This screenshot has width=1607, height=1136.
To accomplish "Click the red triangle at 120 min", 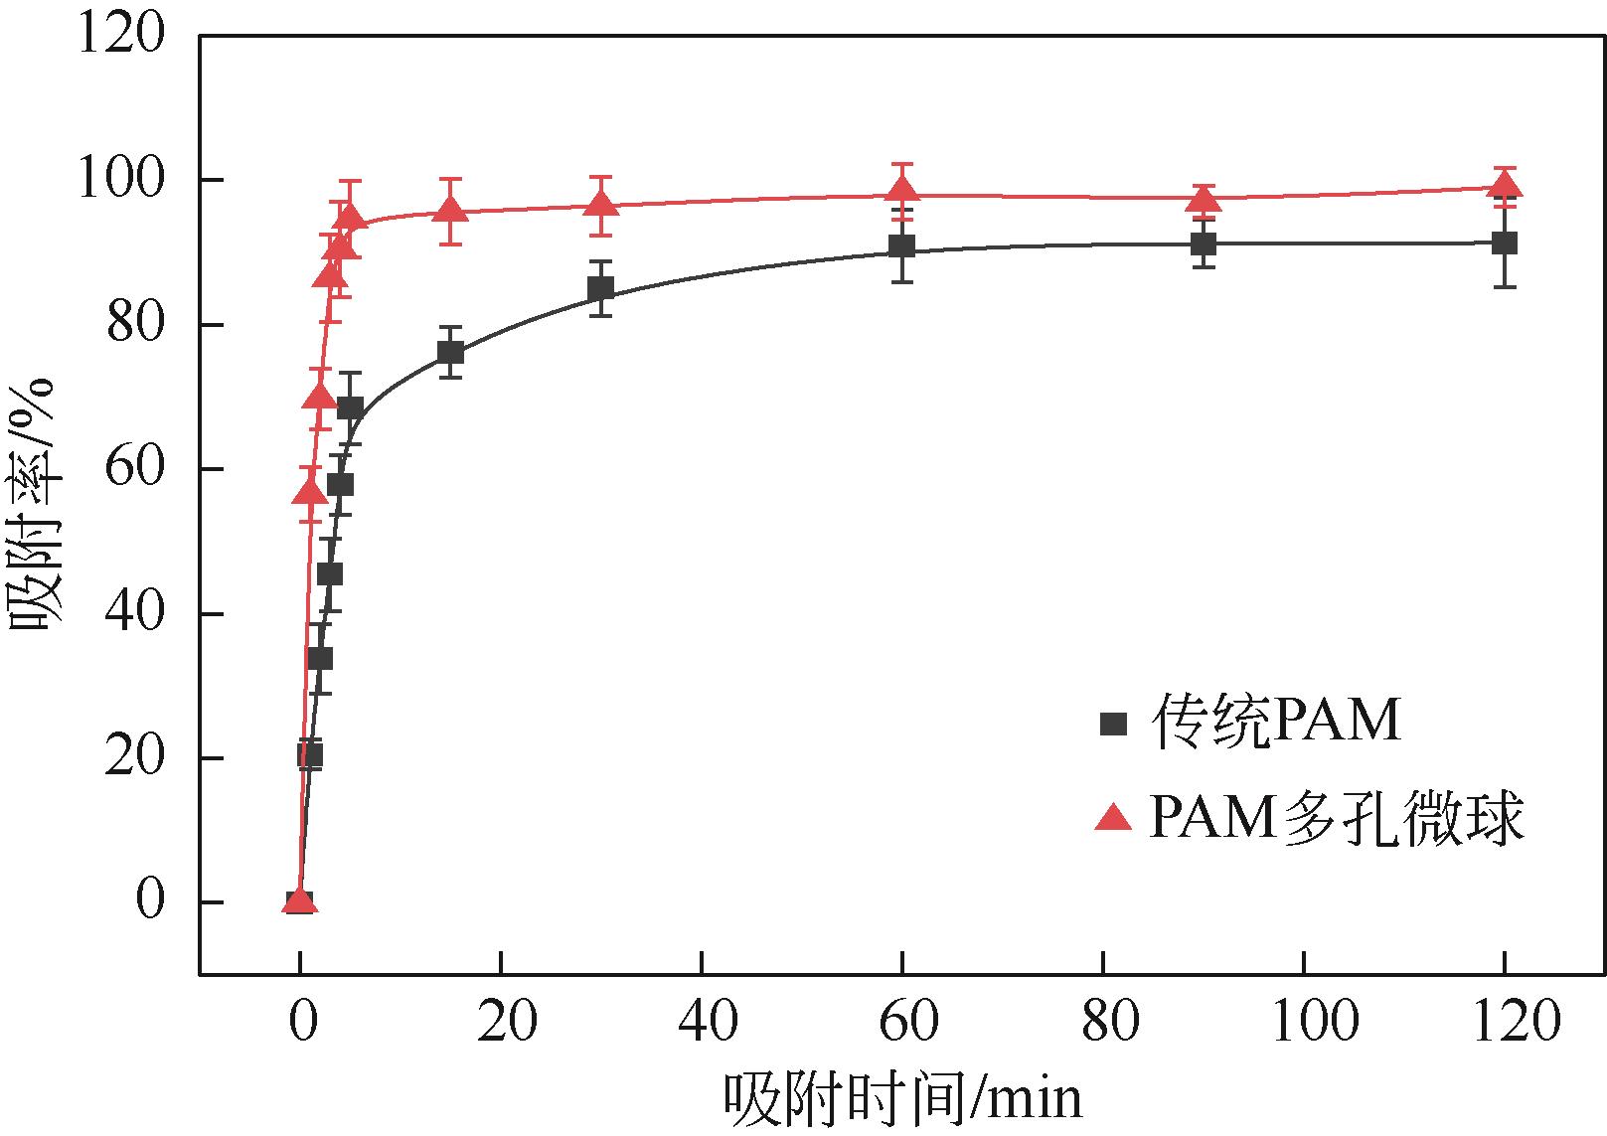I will (x=1505, y=185).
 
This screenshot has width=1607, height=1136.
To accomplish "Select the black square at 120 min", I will (x=1505, y=243).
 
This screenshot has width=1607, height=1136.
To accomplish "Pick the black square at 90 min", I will (x=1204, y=243).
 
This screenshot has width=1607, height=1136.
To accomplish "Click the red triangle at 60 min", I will (x=902, y=191).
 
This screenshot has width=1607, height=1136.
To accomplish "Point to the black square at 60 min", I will (x=902, y=245).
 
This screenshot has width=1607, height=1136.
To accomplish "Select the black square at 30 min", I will (x=600, y=289).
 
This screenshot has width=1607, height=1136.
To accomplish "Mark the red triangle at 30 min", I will (x=600, y=204).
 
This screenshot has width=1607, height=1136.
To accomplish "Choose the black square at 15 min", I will (x=450, y=352).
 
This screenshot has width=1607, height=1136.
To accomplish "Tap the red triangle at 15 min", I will (x=450, y=210).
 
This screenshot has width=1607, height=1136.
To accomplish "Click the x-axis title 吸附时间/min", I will (x=902, y=1098).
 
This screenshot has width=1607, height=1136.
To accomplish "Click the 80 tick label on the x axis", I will (x=1103, y=1022).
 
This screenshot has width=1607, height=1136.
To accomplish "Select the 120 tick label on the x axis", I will (x=1505, y=1022).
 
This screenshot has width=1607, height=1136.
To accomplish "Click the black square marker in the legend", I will (x=1114, y=723).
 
